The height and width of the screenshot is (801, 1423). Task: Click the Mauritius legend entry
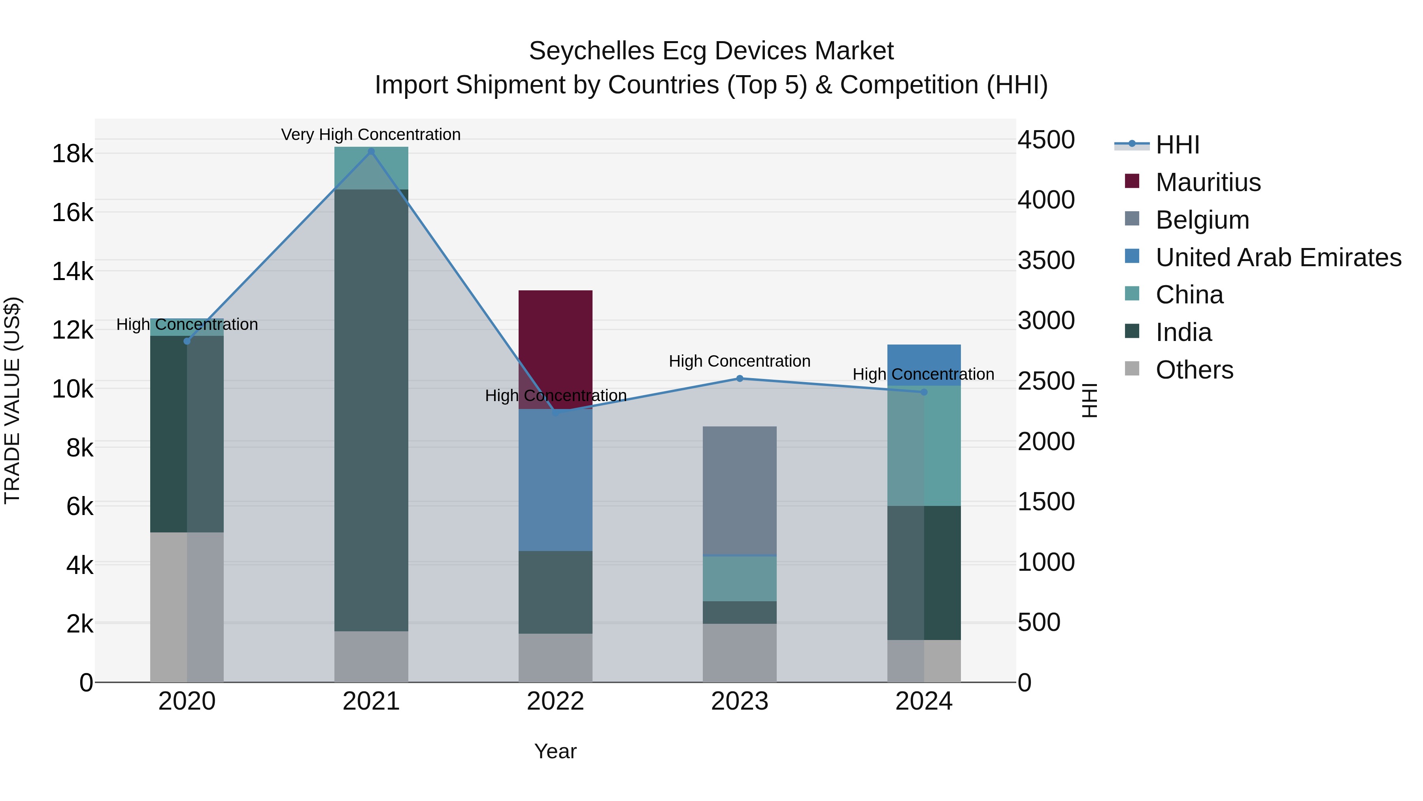1208,182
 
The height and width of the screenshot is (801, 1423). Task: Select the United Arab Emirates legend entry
1278,258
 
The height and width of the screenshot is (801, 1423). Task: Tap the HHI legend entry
1177,145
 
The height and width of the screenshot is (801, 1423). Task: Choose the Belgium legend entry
1202,220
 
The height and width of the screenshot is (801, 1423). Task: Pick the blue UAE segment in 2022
555,480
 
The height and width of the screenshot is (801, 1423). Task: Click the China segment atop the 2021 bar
371,168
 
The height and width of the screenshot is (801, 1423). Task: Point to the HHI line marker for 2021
371,151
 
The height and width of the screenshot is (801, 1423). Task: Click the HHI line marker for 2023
740,379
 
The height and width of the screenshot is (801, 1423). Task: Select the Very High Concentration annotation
371,134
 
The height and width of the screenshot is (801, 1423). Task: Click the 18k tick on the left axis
72,154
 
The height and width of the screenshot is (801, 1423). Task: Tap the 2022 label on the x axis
555,701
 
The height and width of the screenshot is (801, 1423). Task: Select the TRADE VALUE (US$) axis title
12,400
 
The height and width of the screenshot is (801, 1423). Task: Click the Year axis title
555,751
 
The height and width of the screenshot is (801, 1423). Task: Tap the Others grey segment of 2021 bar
371,656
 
